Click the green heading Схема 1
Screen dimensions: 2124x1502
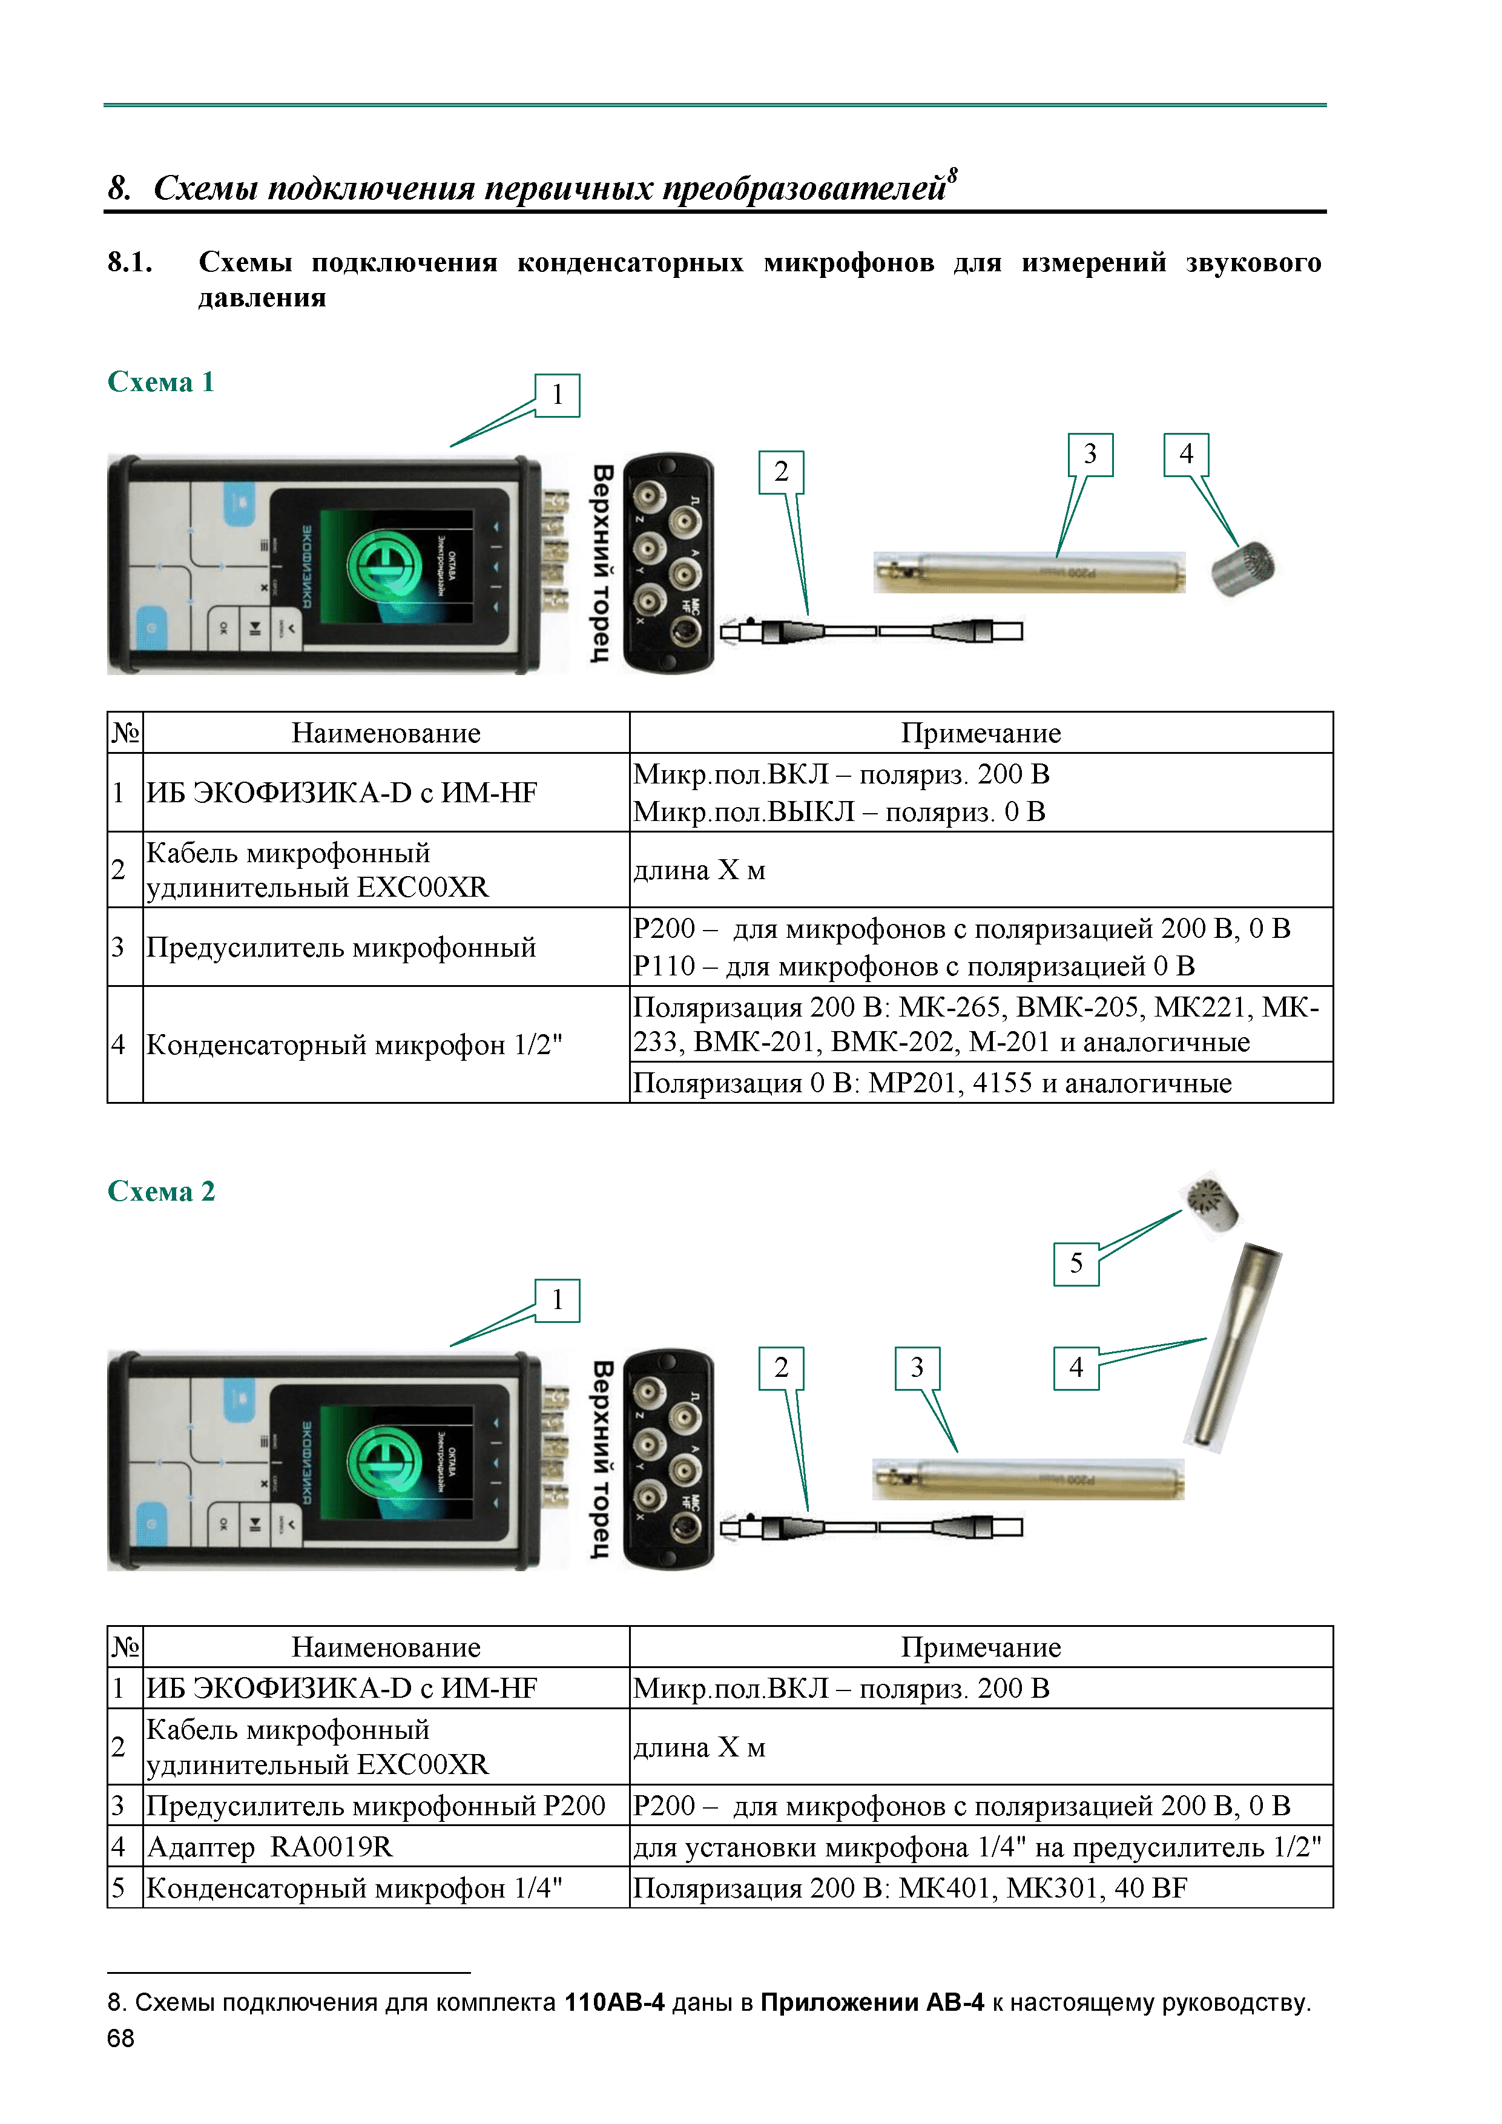click(x=161, y=382)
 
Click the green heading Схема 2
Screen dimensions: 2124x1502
click(x=161, y=1192)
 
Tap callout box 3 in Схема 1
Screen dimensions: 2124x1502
click(x=1090, y=454)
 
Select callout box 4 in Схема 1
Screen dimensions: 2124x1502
click(x=1186, y=454)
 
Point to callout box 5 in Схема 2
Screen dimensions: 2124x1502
click(x=1076, y=1264)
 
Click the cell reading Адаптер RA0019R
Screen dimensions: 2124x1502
click(x=270, y=1847)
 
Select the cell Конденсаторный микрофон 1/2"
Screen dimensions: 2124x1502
click(x=354, y=1045)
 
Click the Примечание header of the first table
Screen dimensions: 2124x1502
click(x=980, y=734)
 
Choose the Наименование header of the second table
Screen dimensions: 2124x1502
click(x=386, y=1647)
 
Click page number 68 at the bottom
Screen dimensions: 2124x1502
click(x=120, y=2039)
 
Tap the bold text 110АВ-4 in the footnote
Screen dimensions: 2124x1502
click(x=614, y=2003)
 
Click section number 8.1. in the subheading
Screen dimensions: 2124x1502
click(x=130, y=263)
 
